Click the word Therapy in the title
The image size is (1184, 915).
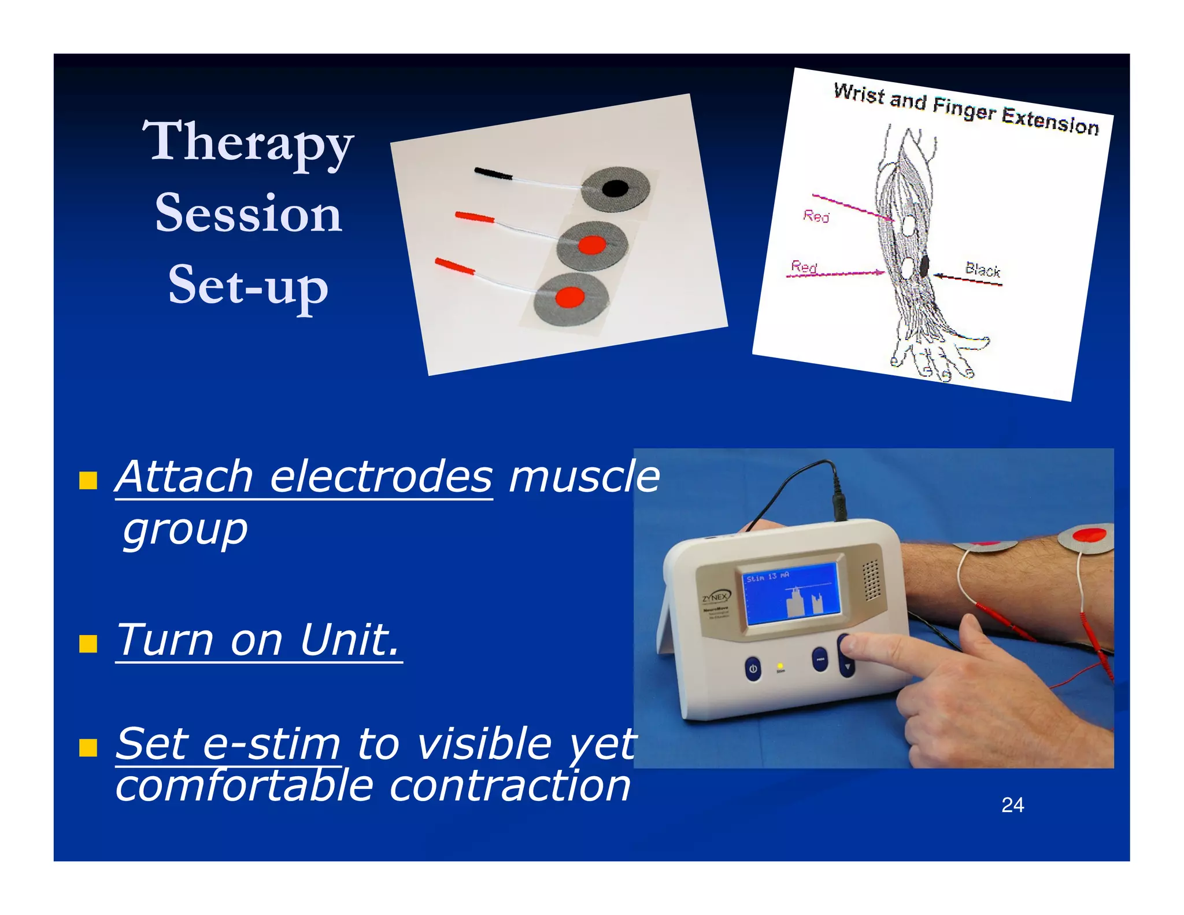click(x=248, y=142)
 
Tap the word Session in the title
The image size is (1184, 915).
click(x=249, y=213)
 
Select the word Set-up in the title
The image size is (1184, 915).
click(x=249, y=285)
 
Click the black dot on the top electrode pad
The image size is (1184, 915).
click(x=615, y=188)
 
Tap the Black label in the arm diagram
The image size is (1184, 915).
click(x=982, y=270)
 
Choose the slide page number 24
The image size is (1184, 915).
click(x=1012, y=805)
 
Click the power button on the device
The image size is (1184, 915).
click(x=752, y=669)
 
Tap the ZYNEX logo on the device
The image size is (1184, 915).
click(x=716, y=596)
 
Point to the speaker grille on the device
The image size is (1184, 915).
click(x=871, y=579)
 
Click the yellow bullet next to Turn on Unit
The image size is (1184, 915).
click(x=88, y=643)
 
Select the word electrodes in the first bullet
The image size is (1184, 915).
click(x=381, y=477)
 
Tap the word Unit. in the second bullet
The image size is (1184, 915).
click(x=350, y=640)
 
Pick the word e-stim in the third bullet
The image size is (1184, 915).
click(x=271, y=744)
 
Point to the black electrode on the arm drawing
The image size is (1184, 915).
click(x=924, y=265)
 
